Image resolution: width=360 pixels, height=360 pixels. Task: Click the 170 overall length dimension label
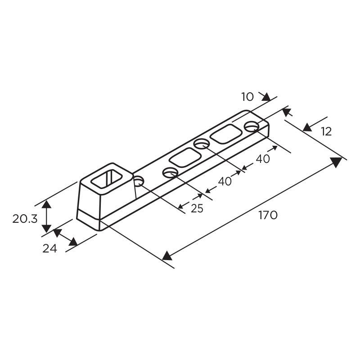click(268, 215)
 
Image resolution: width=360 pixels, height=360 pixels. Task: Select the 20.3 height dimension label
click(25, 219)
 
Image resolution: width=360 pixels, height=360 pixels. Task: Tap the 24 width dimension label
click(50, 248)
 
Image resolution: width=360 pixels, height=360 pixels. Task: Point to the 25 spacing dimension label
click(197, 208)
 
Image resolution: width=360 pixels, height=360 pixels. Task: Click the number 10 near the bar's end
click(247, 96)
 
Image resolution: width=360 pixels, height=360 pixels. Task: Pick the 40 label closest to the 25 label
click(225, 181)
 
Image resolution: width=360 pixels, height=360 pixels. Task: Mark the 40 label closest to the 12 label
click(263, 159)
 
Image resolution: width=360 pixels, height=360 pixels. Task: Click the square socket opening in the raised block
click(108, 178)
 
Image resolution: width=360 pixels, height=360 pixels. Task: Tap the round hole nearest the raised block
click(139, 181)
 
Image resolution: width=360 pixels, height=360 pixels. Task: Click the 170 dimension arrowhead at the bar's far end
click(336, 162)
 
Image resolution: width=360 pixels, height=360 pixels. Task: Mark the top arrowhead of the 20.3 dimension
click(46, 206)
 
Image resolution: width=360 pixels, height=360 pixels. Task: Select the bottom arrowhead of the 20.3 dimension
click(46, 228)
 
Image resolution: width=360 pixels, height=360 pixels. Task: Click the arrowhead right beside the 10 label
click(265, 97)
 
